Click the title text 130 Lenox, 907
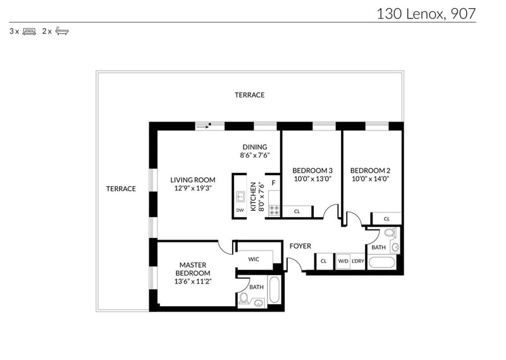click(x=426, y=14)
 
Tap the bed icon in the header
click(x=29, y=32)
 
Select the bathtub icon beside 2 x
click(x=62, y=31)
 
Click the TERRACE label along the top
click(x=249, y=95)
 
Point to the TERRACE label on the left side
click(x=121, y=189)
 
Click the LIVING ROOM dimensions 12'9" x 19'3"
click(x=193, y=189)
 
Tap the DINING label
click(x=255, y=147)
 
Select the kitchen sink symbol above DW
click(x=240, y=196)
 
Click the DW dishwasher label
click(x=240, y=210)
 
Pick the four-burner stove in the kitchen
click(x=275, y=211)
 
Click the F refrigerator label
click(x=273, y=183)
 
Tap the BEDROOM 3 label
click(x=312, y=170)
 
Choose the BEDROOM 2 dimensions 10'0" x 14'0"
click(x=371, y=179)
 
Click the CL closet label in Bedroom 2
click(x=386, y=219)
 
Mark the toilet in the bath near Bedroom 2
click(x=390, y=232)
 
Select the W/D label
click(x=343, y=261)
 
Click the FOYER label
click(x=300, y=246)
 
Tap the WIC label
click(x=254, y=259)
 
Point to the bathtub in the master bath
click(x=275, y=290)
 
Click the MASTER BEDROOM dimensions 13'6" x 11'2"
click(x=193, y=281)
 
